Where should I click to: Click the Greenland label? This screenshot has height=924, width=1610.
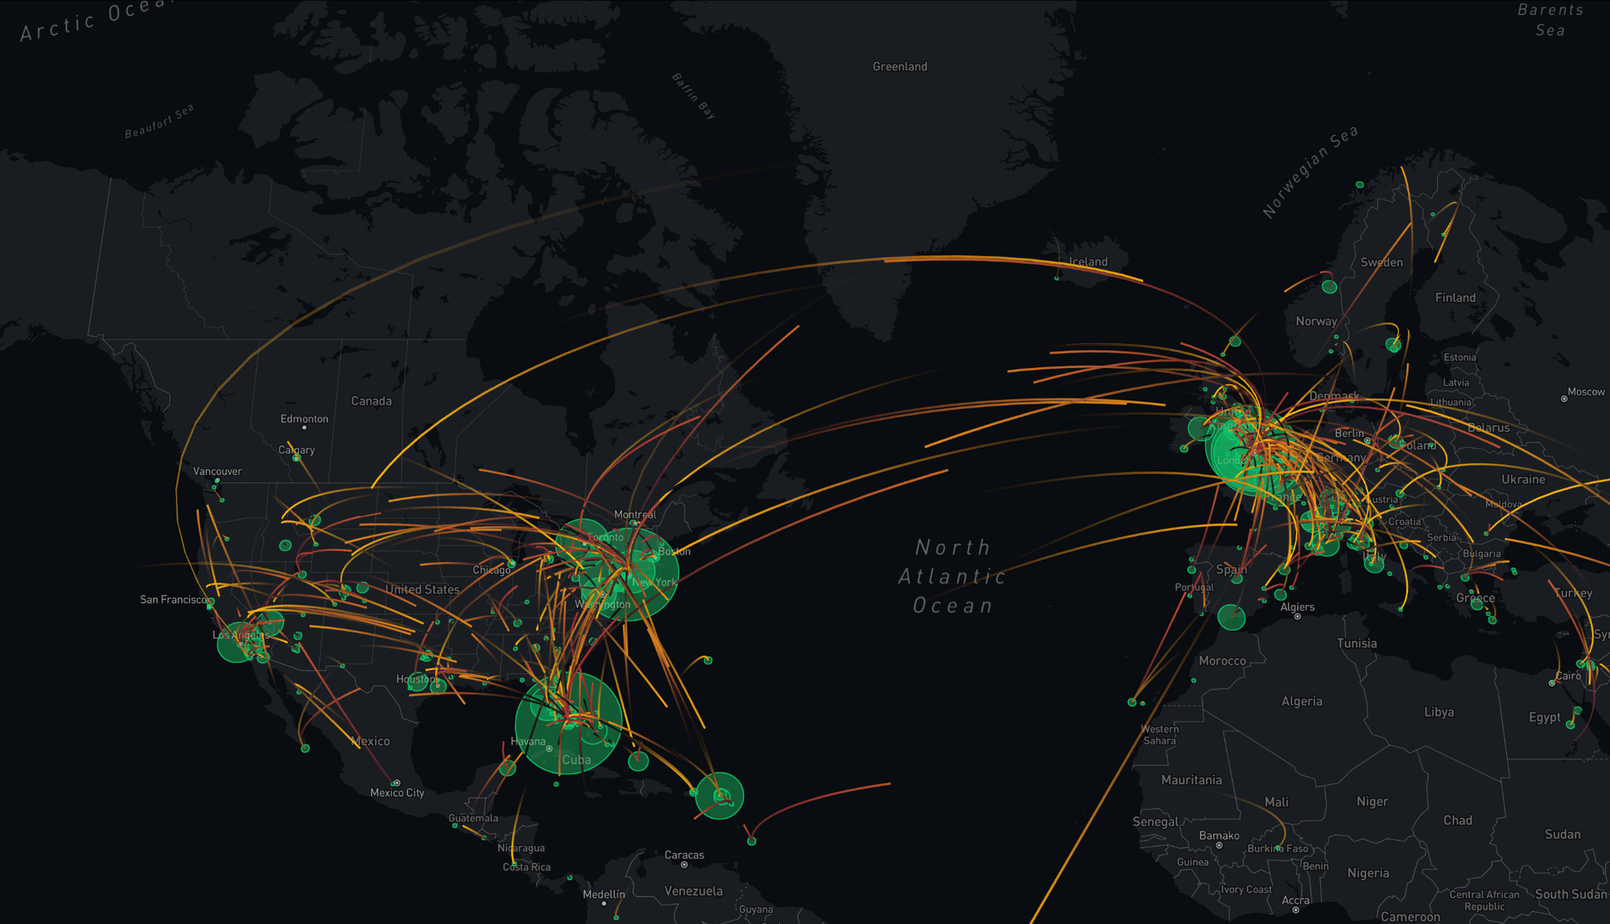coord(899,67)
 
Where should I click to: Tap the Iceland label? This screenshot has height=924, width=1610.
coord(1088,262)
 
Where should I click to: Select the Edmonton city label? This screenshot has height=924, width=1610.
coord(304,419)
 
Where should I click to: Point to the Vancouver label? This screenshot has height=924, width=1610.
coord(217,471)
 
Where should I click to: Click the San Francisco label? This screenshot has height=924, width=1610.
coord(173,599)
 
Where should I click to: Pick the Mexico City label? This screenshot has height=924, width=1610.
coord(397,793)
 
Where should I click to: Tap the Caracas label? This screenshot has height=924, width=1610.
coord(684,855)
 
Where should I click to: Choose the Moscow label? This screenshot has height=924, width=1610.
coord(1586,392)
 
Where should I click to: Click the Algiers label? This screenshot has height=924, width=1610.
coord(1298,607)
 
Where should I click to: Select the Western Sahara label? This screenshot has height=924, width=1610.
coord(1159,735)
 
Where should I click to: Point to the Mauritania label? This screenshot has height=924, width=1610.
coord(1191,780)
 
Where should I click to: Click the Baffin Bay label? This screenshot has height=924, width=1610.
coord(694,96)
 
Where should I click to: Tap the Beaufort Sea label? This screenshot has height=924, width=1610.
coord(159,121)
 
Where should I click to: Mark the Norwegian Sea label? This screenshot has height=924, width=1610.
coord(1311,171)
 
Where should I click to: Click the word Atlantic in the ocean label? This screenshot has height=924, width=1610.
coord(952,577)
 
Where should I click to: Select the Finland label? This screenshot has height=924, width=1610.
coord(1455,298)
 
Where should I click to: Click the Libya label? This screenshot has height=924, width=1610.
coord(1439,712)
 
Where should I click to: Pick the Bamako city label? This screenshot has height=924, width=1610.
coord(1219,835)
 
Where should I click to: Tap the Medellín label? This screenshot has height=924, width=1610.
coord(604,894)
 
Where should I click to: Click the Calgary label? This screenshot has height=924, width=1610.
coord(296,450)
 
